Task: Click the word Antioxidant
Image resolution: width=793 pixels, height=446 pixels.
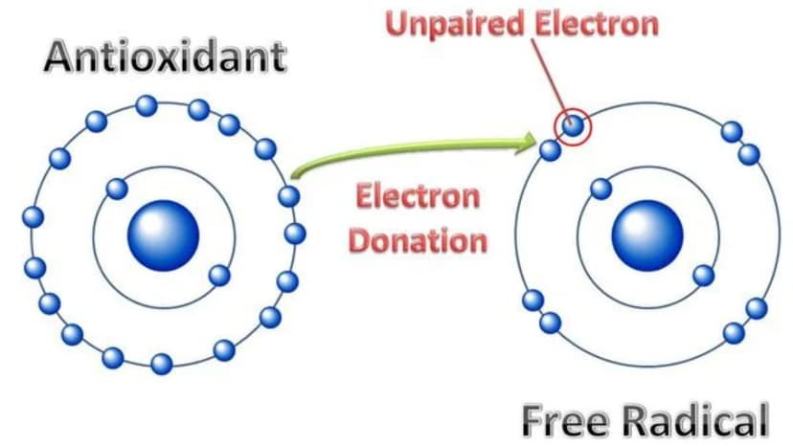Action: [x=166, y=57]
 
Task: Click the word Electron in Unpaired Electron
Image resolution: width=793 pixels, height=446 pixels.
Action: [x=595, y=23]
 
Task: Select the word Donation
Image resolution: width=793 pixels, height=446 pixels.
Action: [x=419, y=240]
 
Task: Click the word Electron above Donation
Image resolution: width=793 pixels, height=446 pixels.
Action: [x=418, y=196]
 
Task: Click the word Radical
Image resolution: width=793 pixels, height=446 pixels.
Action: [x=695, y=419]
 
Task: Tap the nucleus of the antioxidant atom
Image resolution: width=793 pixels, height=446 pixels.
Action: [x=163, y=235]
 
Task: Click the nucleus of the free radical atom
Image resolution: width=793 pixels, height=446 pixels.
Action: [x=647, y=235]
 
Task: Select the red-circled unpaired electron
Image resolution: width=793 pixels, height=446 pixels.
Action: [x=573, y=125]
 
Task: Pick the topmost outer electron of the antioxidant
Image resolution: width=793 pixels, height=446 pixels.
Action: [x=147, y=105]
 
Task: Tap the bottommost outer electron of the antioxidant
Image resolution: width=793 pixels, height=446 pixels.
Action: [x=161, y=364]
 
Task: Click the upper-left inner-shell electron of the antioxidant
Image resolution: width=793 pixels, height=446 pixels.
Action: [x=118, y=189]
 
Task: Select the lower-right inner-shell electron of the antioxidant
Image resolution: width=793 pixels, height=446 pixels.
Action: [x=219, y=275]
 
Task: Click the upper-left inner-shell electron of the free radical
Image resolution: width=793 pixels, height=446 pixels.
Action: [x=600, y=189]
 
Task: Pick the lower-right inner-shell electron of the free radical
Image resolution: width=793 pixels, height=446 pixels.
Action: [x=704, y=276]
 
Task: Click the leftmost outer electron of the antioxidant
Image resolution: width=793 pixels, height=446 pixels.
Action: [x=34, y=217]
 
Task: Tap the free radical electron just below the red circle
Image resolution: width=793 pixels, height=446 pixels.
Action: [x=551, y=150]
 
